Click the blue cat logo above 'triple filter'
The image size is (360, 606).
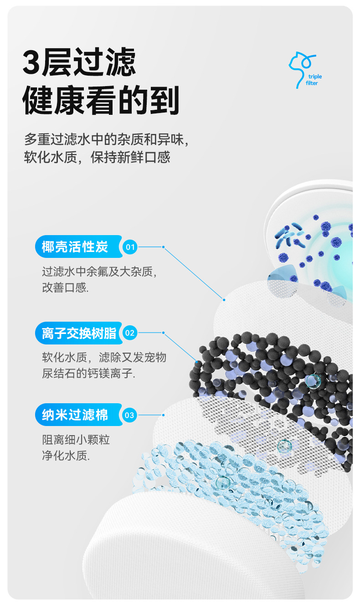pos(300,66)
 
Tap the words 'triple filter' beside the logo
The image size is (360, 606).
pos(314,80)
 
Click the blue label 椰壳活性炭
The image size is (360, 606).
pos(75,247)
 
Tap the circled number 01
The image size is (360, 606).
pos(130,247)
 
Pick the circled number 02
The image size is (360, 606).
pos(130,333)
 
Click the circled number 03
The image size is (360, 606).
pos(130,415)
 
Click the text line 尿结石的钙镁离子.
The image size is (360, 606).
pos(89,374)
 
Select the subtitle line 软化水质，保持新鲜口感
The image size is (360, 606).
pos(97,157)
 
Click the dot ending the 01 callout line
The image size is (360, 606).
pos(224,299)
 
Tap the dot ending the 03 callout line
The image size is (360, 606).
pos(163,415)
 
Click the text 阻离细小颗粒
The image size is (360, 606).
pos(76,440)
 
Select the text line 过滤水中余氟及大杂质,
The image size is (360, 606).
pos(100,272)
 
